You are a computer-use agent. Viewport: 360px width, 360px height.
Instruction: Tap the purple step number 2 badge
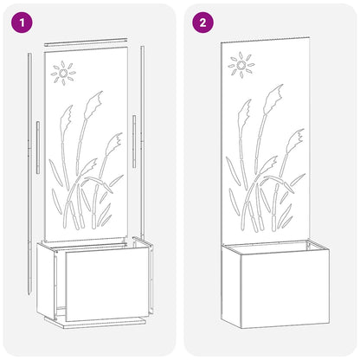pyautogui.click(x=202, y=22)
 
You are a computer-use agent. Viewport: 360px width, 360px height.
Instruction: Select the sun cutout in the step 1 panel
pyautogui.click(x=63, y=74)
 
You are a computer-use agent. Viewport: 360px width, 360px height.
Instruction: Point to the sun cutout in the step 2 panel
pyautogui.click(x=241, y=65)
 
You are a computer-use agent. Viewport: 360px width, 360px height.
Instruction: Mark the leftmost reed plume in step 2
pyautogui.click(x=245, y=110)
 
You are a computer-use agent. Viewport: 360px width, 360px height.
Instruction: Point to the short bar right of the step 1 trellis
pyautogui.click(x=133, y=141)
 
